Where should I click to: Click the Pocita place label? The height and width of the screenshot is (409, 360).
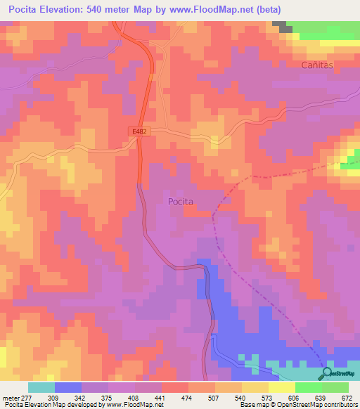coord(181,201)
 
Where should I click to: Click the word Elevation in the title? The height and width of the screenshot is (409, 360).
coord(69,9)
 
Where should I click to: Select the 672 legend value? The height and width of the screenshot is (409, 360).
coord(347,398)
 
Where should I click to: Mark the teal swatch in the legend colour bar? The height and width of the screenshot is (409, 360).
coord(41,387)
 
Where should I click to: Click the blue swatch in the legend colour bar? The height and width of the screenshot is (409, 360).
coord(67,387)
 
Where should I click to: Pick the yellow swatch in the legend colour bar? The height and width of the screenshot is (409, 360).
coord(281,387)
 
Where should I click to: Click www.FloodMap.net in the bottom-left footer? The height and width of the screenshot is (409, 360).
coord(133,405)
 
